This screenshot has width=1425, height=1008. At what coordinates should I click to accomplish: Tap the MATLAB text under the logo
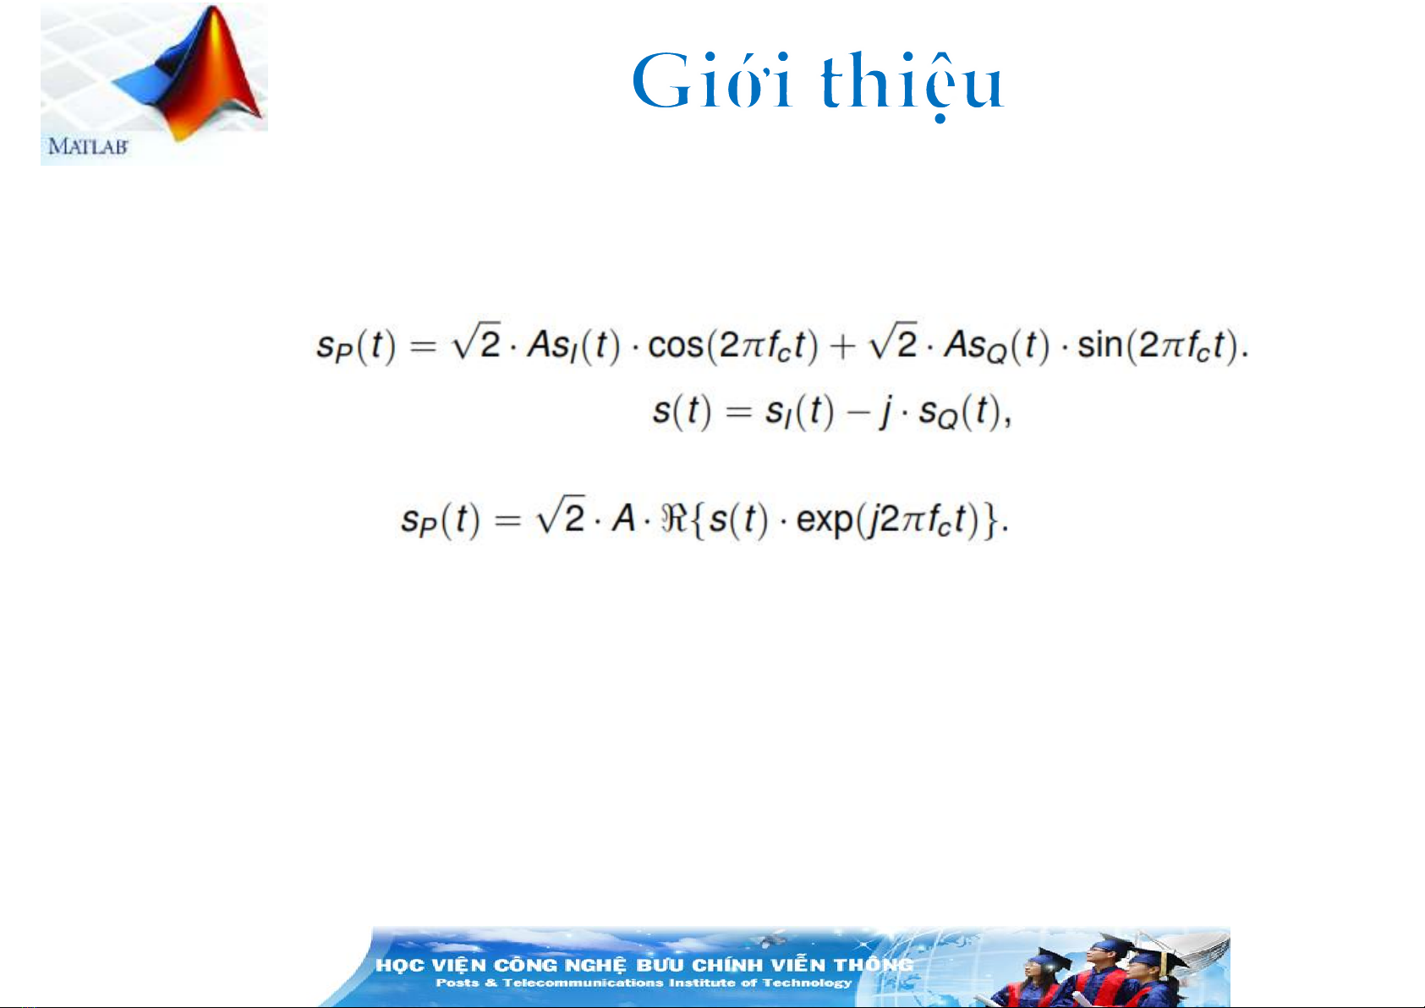(x=89, y=147)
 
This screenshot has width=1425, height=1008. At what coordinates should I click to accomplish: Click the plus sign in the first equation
(x=842, y=348)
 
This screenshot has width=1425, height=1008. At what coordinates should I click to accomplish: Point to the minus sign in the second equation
(x=858, y=412)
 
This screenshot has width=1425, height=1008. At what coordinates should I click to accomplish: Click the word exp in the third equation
(x=824, y=521)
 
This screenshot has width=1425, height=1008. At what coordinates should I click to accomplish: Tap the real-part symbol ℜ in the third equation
(x=675, y=518)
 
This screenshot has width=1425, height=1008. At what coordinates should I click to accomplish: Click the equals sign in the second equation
(x=738, y=412)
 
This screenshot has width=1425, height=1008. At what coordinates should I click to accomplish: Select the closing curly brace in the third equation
(x=992, y=521)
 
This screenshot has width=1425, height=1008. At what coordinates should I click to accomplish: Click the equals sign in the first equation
(x=422, y=348)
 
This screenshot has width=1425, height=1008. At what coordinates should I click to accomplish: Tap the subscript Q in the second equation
(x=946, y=420)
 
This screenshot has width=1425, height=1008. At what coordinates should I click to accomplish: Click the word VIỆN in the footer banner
(x=459, y=965)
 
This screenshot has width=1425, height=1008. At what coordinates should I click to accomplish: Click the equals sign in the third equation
(x=507, y=522)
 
